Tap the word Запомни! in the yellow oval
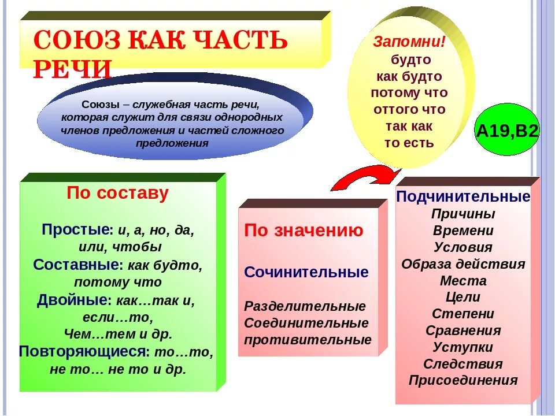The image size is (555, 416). [x=409, y=42]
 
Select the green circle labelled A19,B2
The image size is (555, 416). [x=507, y=131]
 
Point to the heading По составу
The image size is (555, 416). [x=117, y=193]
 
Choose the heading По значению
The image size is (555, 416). [x=304, y=231]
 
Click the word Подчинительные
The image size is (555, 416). [x=463, y=197]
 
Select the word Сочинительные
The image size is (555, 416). [x=306, y=272]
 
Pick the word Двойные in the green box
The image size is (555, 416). [x=73, y=300]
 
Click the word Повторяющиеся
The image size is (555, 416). [x=83, y=351]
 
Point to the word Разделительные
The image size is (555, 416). [x=305, y=306]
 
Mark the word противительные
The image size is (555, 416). [x=308, y=340]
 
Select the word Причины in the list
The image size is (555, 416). [x=463, y=214]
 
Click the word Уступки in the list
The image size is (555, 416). [x=463, y=347]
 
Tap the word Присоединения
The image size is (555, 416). [x=463, y=381]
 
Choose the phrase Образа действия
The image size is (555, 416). [x=463, y=264]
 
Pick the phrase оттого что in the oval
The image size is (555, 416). [x=409, y=109]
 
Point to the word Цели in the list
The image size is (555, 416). [x=463, y=298]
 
